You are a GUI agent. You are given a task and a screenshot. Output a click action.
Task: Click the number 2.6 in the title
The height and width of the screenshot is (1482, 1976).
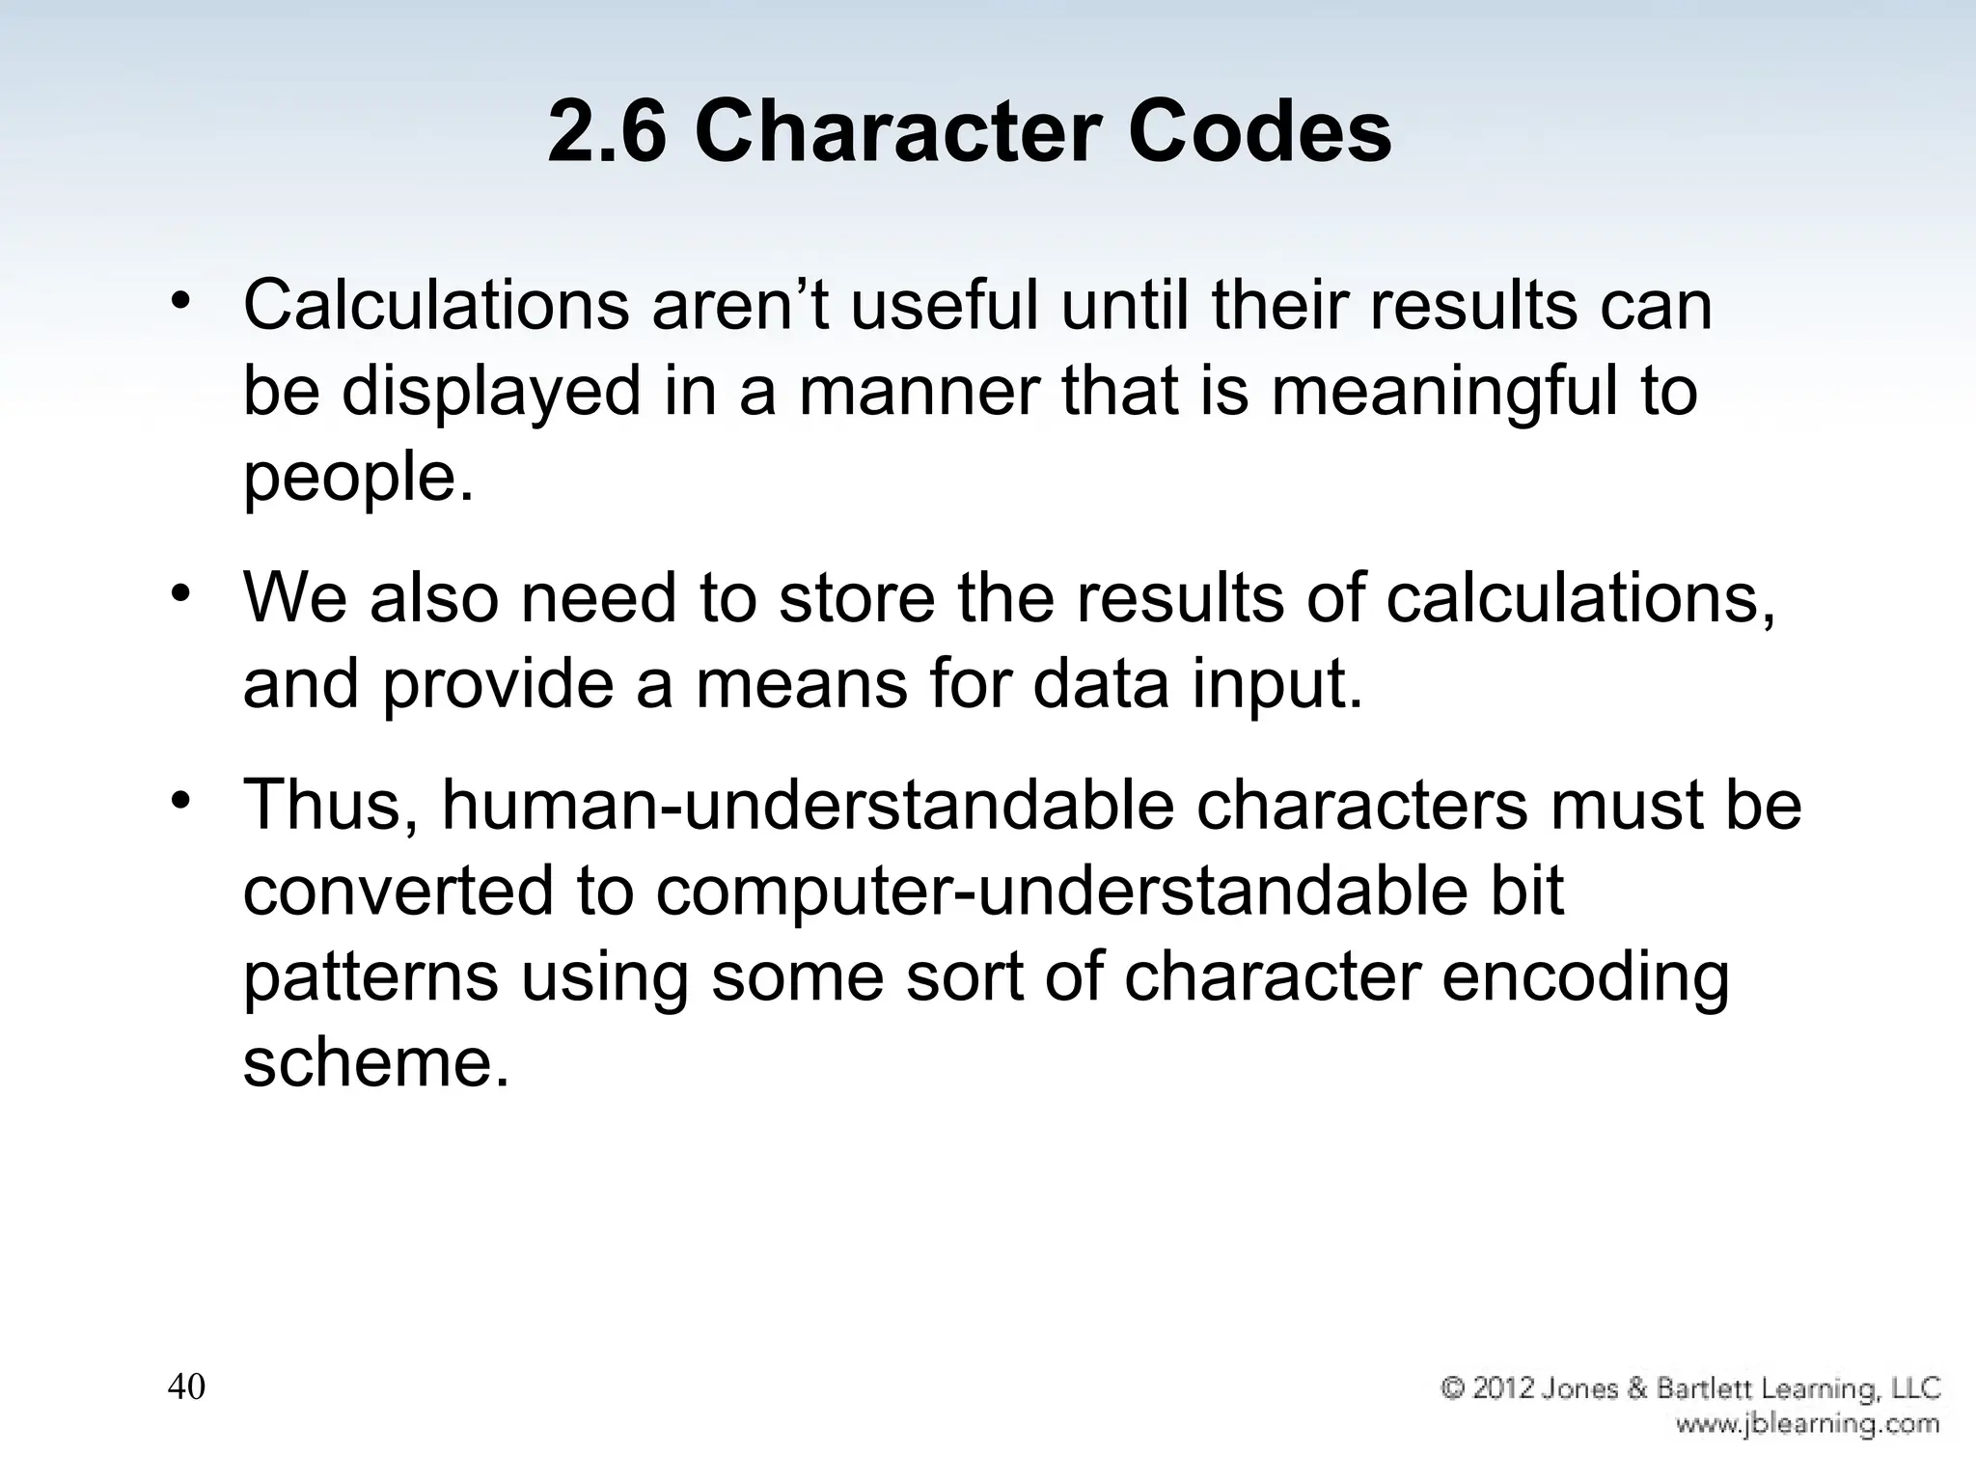[x=607, y=133]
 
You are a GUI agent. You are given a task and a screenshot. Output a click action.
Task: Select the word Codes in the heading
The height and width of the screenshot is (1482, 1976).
[x=1259, y=133]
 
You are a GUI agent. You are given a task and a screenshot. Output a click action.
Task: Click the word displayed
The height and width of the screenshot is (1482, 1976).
[x=491, y=392]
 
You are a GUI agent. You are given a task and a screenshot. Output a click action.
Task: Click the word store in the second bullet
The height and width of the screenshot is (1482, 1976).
[x=857, y=597]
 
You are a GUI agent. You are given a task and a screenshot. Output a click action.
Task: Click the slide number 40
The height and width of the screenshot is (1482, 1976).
[x=186, y=1387]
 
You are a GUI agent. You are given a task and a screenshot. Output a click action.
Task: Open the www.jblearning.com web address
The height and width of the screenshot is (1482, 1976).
[x=1806, y=1424]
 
